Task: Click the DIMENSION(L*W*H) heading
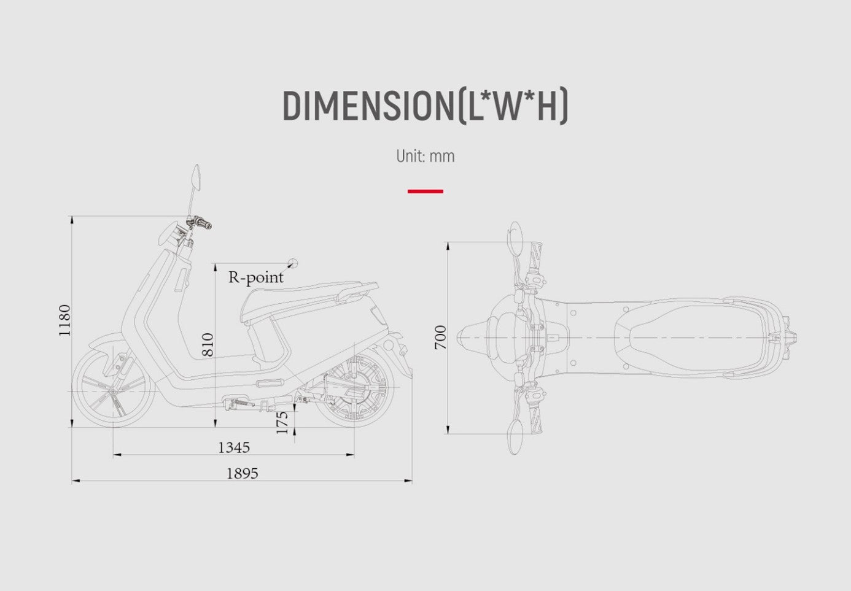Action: pyautogui.click(x=425, y=106)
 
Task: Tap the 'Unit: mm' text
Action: pyautogui.click(x=425, y=156)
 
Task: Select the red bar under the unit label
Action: pyautogui.click(x=425, y=191)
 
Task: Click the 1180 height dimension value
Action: pyautogui.click(x=65, y=320)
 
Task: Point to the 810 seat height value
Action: pyautogui.click(x=208, y=344)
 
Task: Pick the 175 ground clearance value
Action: pyautogui.click(x=282, y=423)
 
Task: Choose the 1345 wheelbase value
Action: pyautogui.click(x=234, y=447)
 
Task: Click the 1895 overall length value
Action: pyautogui.click(x=243, y=473)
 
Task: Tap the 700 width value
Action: pyautogui.click(x=440, y=338)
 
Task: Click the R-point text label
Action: pyautogui.click(x=255, y=277)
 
